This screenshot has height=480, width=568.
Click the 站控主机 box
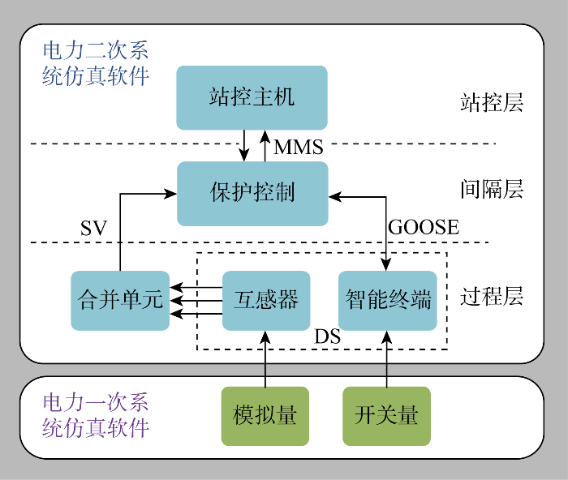pyautogui.click(x=252, y=98)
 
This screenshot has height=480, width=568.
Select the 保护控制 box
pyautogui.click(x=252, y=193)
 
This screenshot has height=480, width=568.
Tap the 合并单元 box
pyautogui.click(x=120, y=300)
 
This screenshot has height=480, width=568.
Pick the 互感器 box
pyautogui.click(x=266, y=300)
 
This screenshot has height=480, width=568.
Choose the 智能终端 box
pyautogui.click(x=388, y=300)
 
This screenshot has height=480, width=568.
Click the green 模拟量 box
pyautogui.click(x=265, y=416)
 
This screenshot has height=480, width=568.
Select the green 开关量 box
pyautogui.click(x=386, y=416)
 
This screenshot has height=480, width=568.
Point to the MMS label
pyautogui.click(x=298, y=148)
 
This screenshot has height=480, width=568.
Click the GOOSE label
pyautogui.click(x=423, y=228)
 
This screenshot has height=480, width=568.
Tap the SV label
pyautogui.click(x=93, y=229)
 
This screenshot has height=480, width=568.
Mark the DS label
pyautogui.click(x=326, y=336)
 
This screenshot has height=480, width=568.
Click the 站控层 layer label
pyautogui.click(x=492, y=103)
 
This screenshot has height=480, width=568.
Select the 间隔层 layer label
pyautogui.click(x=492, y=190)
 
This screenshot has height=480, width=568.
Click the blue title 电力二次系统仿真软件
pyautogui.click(x=96, y=64)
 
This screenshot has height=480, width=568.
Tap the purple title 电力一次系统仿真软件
pyautogui.click(x=96, y=414)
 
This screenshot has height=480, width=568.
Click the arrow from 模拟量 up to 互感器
pyautogui.click(x=265, y=358)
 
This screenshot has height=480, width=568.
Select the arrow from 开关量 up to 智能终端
pyautogui.click(x=386, y=358)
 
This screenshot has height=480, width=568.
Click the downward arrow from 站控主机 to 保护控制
pyautogui.click(x=244, y=145)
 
